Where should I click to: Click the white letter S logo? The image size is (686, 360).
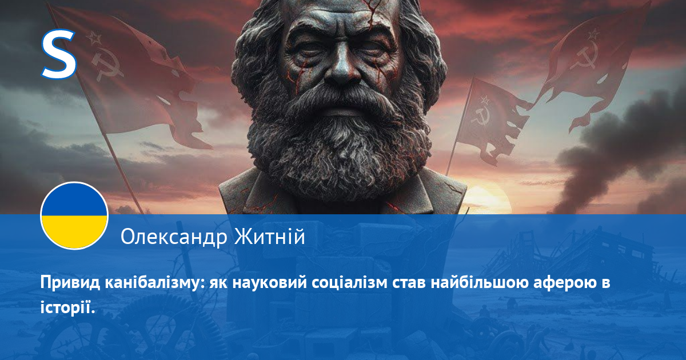(58, 54)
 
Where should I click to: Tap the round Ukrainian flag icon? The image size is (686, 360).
(74, 216)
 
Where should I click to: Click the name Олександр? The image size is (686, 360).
(174, 237)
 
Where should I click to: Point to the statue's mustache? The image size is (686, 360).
(341, 101)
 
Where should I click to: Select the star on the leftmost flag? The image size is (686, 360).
(94, 38)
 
